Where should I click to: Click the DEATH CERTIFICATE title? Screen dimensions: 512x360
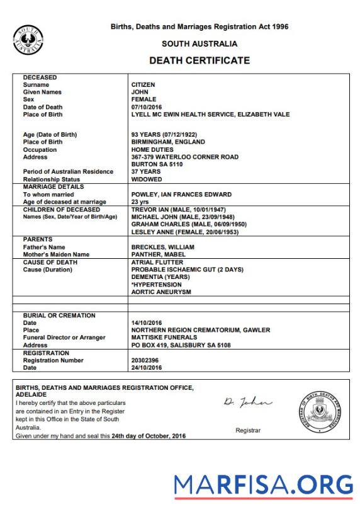tap(199, 61)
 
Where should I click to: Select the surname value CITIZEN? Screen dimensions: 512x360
tap(143, 84)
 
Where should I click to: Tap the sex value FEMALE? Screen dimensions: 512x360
tap(143, 100)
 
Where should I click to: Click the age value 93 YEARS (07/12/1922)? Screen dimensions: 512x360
tap(167, 134)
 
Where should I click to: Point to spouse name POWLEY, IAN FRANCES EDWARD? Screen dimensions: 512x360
tap(181, 195)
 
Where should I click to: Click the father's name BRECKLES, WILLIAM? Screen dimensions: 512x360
tap(162, 247)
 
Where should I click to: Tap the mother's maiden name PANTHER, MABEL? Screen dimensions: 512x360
tap(158, 254)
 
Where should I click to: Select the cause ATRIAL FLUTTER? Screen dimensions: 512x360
tap(157, 262)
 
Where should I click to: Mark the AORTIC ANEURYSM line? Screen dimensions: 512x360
tap(160, 292)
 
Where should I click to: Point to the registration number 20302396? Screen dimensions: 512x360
tap(145, 360)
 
